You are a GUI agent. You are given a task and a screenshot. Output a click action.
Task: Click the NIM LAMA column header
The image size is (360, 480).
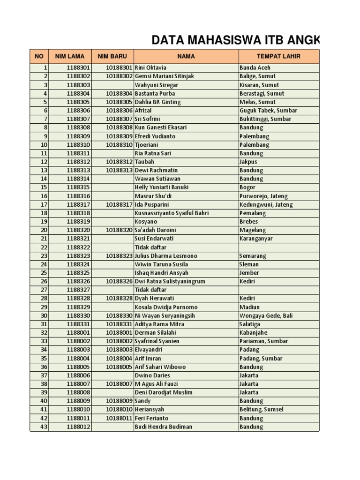[x=69, y=56]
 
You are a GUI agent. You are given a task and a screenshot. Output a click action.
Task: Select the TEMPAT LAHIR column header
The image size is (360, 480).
[x=278, y=56]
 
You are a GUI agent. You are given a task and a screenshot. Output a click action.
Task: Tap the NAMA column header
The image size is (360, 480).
[x=186, y=56]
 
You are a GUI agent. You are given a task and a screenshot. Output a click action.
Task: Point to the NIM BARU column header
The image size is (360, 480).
[x=112, y=56]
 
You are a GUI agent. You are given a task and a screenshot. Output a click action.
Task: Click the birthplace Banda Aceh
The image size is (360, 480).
[x=255, y=67]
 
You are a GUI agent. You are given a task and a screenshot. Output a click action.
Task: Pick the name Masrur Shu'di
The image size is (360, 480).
[x=154, y=196]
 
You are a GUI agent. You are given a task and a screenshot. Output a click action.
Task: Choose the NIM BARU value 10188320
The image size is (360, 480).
[x=119, y=230]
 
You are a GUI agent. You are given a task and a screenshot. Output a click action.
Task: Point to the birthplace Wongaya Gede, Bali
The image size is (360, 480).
[x=266, y=315]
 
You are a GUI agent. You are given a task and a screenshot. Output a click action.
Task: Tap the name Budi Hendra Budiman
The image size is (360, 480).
[x=163, y=427]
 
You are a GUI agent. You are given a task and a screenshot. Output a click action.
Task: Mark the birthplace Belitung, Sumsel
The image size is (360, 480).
[x=261, y=409]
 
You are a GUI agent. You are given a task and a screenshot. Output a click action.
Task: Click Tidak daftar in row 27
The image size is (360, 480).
[x=150, y=290]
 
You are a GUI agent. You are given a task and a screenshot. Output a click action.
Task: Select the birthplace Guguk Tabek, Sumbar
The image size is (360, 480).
[x=268, y=110]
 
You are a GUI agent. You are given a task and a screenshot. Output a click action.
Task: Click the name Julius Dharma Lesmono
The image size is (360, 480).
[x=166, y=256]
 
